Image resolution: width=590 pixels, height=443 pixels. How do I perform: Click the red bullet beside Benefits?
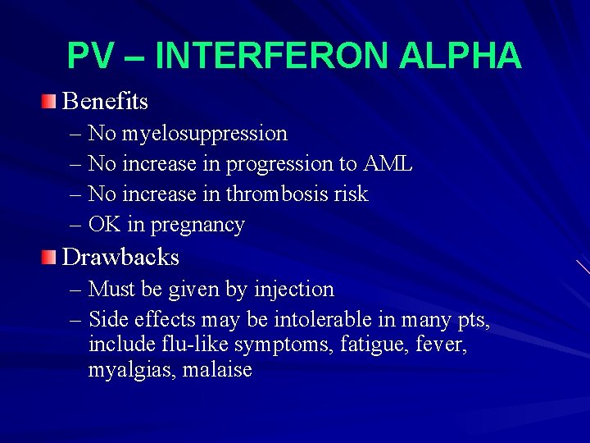(51, 102)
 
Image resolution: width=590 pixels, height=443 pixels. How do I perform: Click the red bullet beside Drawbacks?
(51, 258)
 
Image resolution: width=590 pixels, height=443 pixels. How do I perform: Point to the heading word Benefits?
(106, 102)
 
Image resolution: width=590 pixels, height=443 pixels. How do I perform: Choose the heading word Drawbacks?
(120, 258)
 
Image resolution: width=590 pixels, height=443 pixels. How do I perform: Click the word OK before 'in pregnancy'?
(105, 225)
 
